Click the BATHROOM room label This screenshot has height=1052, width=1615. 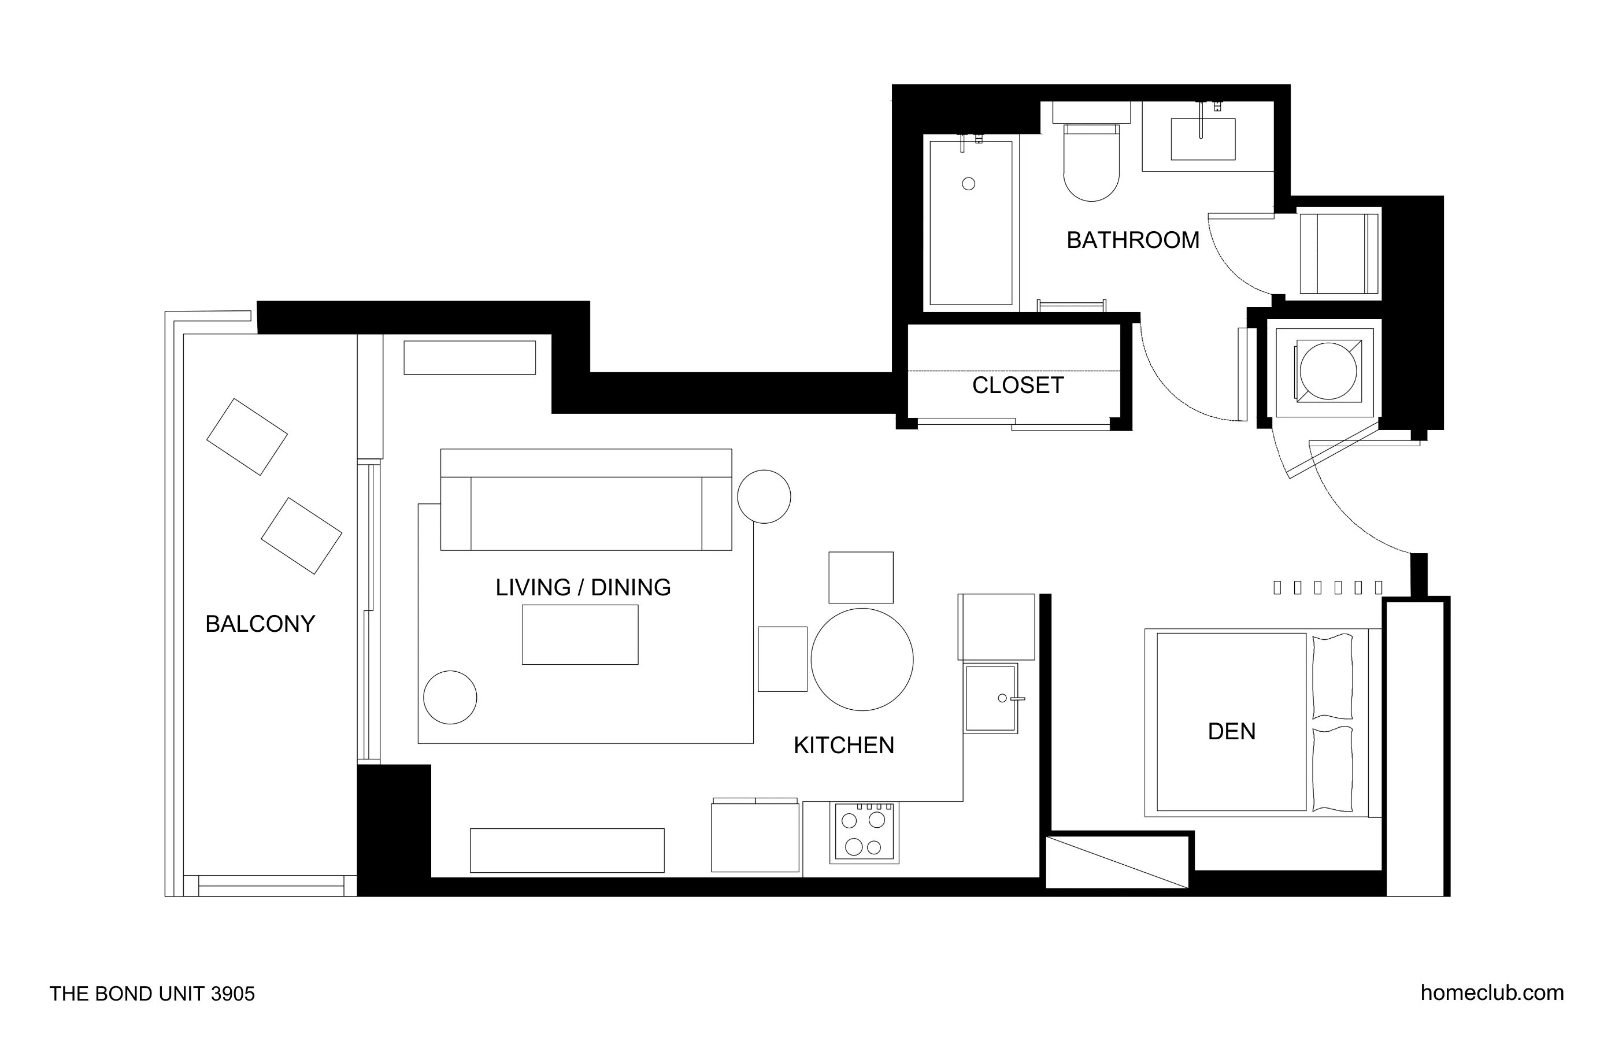(1132, 240)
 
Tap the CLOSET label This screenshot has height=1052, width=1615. (1017, 386)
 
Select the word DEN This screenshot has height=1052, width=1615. (1231, 731)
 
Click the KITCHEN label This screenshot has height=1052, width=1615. (843, 745)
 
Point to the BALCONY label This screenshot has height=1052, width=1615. (260, 624)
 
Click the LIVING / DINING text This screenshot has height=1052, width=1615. (583, 587)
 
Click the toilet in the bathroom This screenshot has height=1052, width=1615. (1091, 166)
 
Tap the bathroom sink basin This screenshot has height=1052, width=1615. (1202, 140)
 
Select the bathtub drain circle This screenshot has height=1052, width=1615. (968, 184)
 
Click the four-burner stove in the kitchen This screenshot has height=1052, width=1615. (864, 833)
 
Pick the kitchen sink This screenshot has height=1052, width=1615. (990, 698)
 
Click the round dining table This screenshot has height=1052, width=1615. (862, 660)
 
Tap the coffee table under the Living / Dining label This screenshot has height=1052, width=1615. (580, 635)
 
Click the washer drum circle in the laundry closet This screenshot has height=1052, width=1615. (1328, 371)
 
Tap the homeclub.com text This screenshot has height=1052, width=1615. (1491, 993)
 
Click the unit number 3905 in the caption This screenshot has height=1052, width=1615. (233, 994)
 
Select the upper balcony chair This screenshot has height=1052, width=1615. (246, 437)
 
